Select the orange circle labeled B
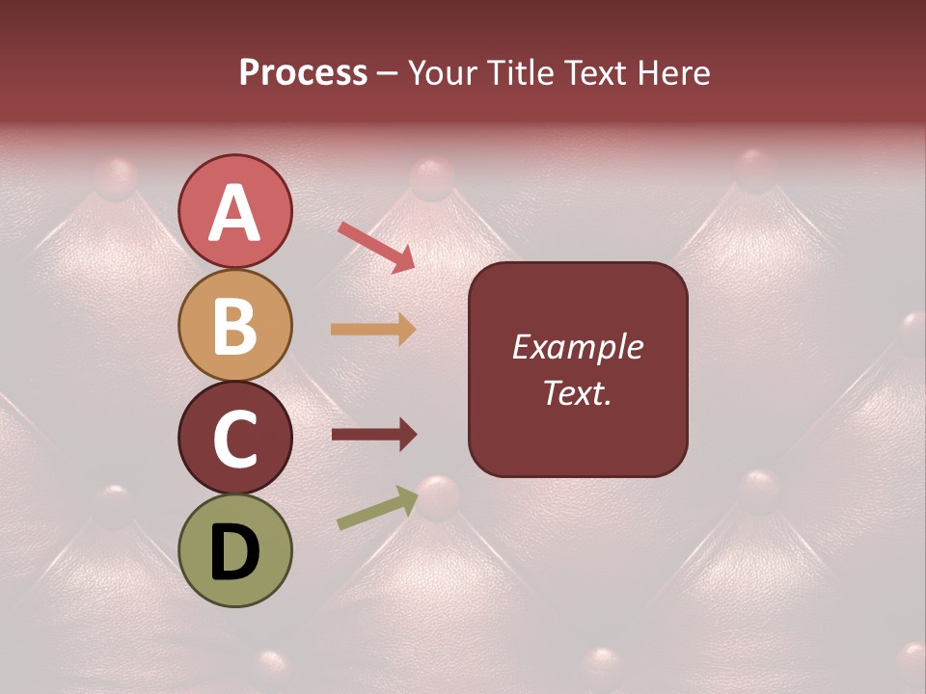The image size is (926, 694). tap(235, 325)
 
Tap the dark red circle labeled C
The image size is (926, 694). tap(235, 438)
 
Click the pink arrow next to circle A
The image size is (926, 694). tap(377, 247)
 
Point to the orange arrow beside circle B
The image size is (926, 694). tap(373, 330)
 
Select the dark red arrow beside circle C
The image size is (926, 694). tap(373, 435)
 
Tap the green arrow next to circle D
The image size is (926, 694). tap(377, 507)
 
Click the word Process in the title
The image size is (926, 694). tap(303, 73)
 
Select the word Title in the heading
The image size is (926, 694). tap(522, 73)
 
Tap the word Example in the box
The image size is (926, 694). tap(578, 347)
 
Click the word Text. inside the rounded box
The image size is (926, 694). tap(578, 393)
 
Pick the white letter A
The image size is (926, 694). tap(235, 214)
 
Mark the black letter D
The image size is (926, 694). tap(235, 552)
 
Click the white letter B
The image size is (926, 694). tap(235, 327)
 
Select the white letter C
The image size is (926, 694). tap(235, 440)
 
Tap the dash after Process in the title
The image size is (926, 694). tap(388, 74)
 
